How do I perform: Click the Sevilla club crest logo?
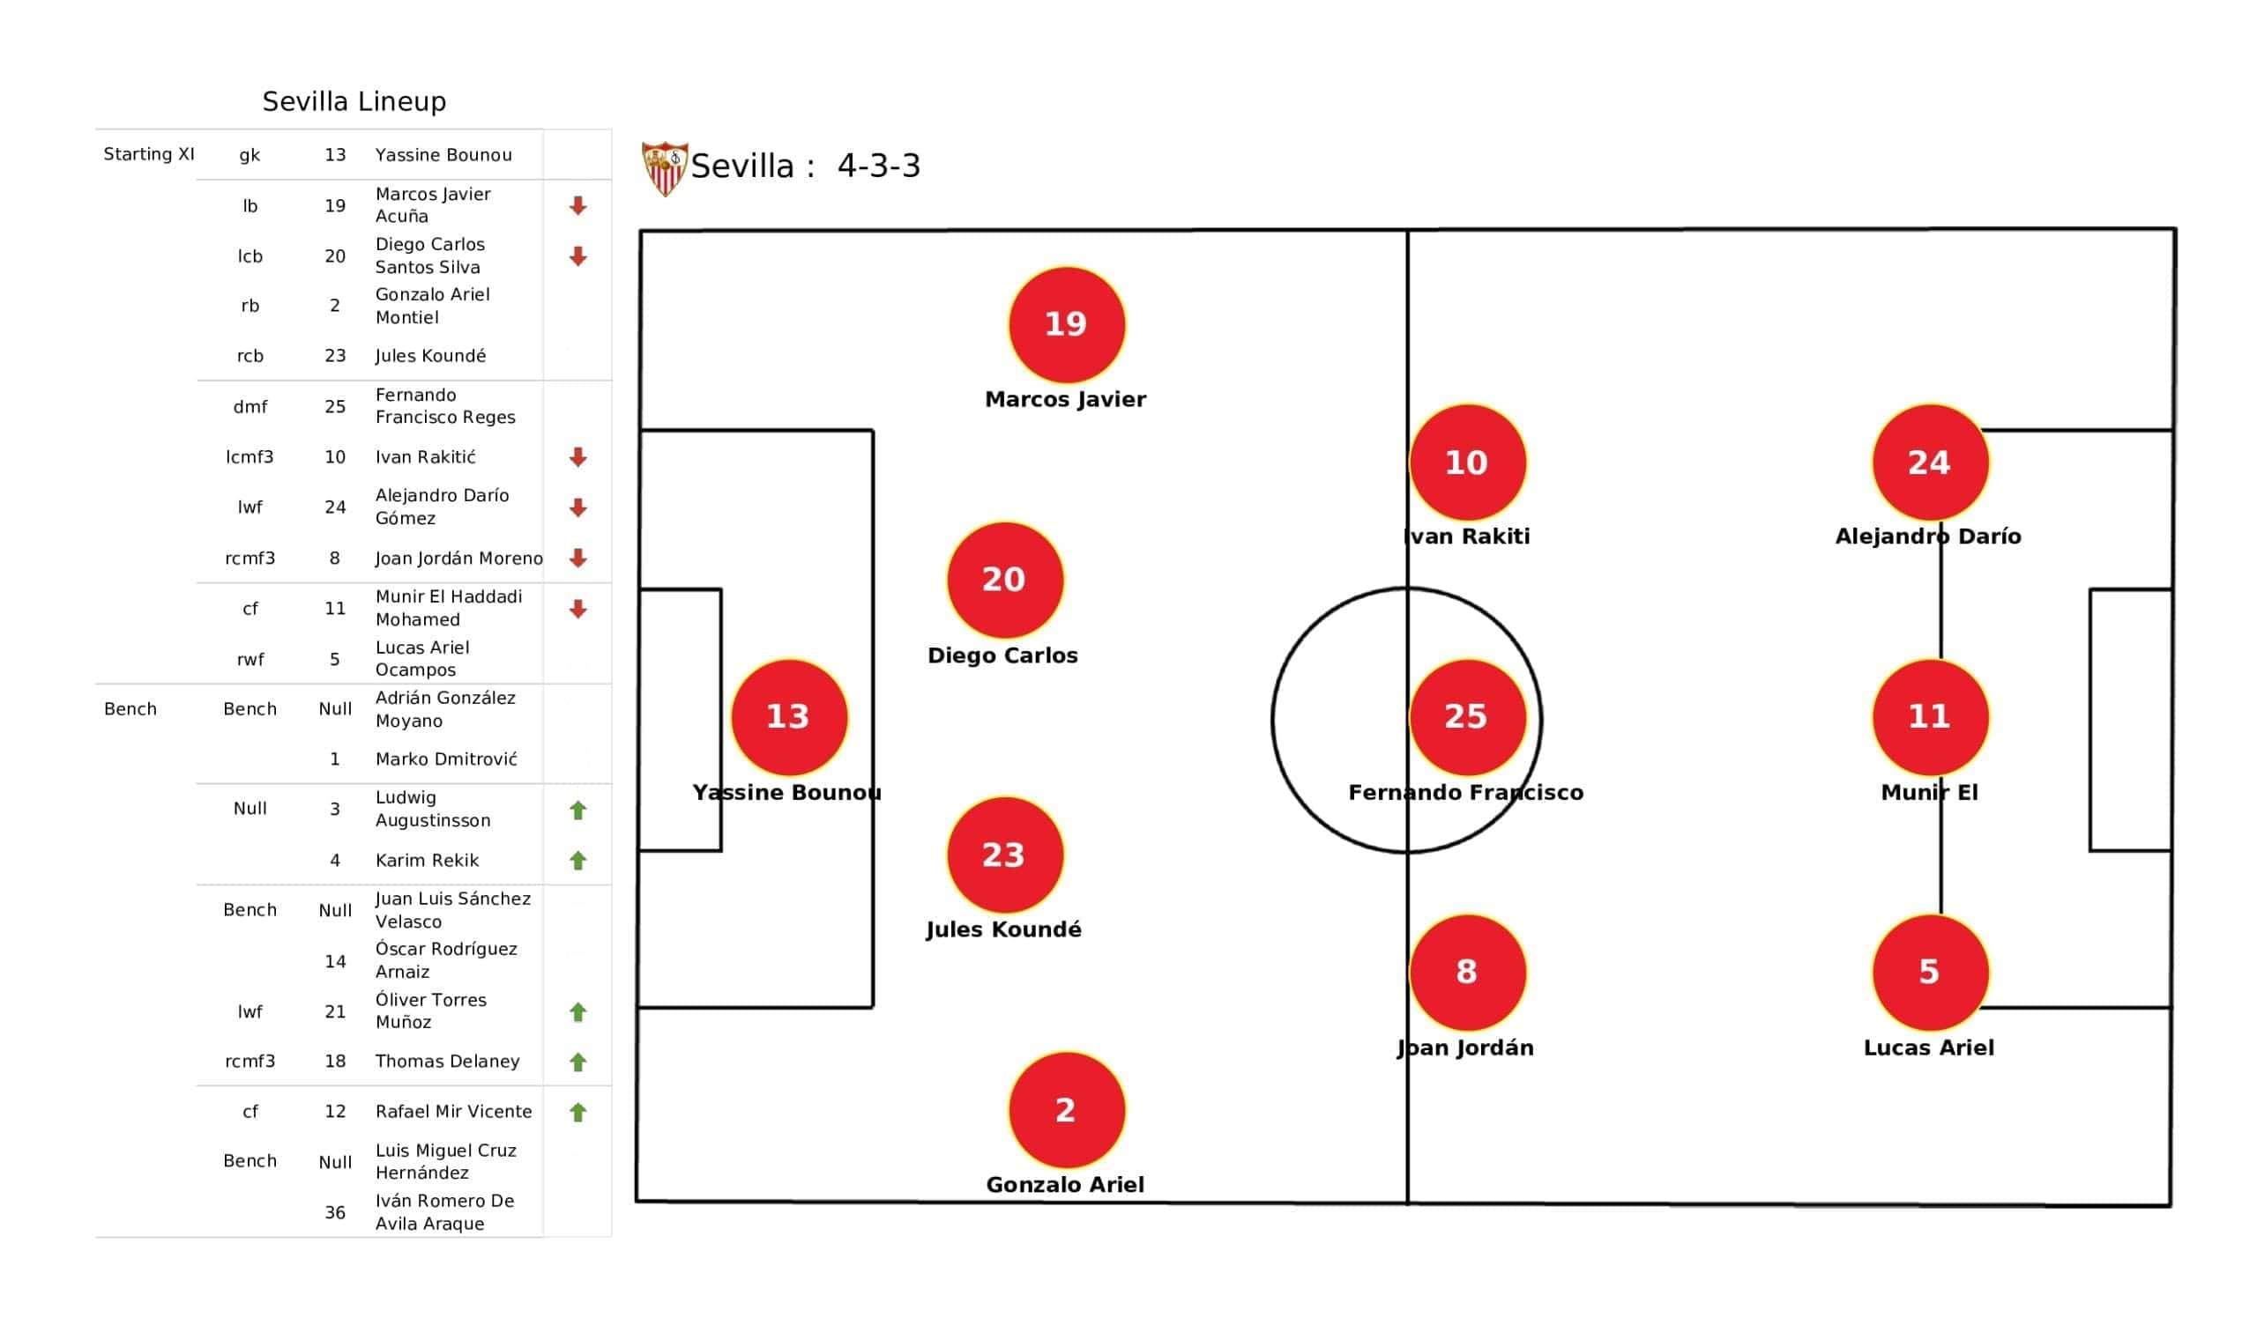click(x=665, y=168)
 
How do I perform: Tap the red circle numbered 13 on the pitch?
click(x=789, y=717)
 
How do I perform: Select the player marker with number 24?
click(x=1930, y=462)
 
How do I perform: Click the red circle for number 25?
click(x=1467, y=717)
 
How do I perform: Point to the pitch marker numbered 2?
click(x=1066, y=1110)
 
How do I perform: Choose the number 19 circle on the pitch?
click(x=1066, y=324)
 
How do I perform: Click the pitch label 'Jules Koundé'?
click(x=1003, y=930)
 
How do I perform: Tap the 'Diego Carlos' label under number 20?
click(x=1002, y=655)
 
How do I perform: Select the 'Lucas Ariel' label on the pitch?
click(x=1928, y=1047)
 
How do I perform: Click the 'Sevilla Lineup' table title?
click(x=354, y=101)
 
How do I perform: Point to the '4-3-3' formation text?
click(x=879, y=167)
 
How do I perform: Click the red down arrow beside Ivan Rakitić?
click(x=577, y=457)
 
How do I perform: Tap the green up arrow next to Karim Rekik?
click(x=577, y=861)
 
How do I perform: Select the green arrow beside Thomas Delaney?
click(x=577, y=1062)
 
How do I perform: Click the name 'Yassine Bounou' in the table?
click(x=443, y=155)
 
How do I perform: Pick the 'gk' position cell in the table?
click(x=250, y=155)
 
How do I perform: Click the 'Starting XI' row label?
click(x=149, y=154)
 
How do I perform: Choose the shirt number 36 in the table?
click(x=335, y=1212)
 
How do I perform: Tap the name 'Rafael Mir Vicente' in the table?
click(x=453, y=1111)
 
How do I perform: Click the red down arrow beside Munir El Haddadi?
click(x=577, y=610)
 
